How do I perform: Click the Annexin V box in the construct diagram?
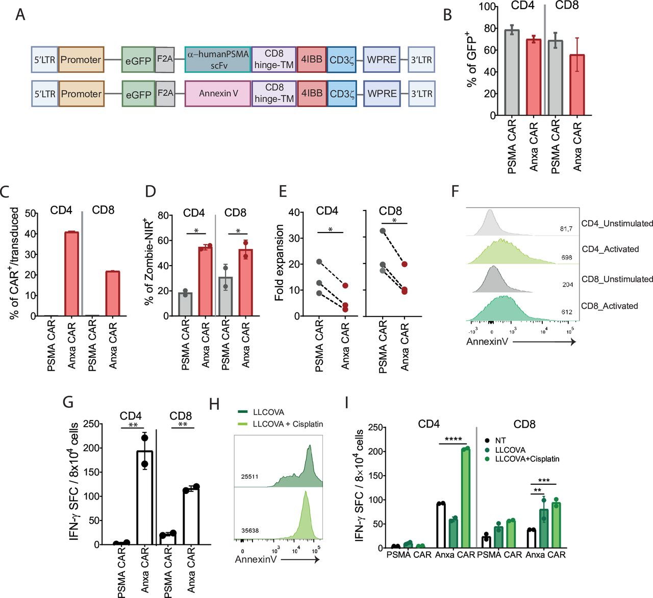218,94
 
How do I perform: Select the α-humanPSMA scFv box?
218,60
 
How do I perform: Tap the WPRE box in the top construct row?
382,60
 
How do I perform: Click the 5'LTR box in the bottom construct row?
44,94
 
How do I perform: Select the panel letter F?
456,192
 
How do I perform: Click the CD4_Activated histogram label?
610,249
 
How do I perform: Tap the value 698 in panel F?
566,257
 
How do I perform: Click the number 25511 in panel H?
250,477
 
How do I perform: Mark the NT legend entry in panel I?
500,440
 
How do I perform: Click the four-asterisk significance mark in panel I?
453,439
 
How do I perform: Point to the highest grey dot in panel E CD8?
383,231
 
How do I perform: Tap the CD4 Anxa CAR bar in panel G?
144,497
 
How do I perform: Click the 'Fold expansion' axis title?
280,263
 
